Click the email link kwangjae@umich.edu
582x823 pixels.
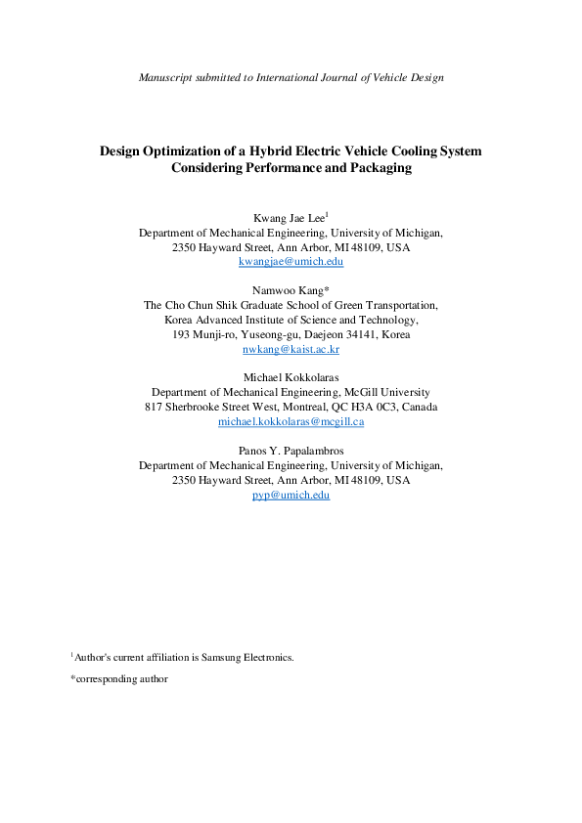(291, 262)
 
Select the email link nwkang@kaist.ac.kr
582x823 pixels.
(291, 349)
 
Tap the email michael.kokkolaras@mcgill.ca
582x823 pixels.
(291, 421)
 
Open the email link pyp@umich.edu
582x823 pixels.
(291, 496)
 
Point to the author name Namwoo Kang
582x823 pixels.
(288, 291)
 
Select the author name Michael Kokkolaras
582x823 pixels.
(291, 377)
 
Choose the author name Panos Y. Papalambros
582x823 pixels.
(291, 451)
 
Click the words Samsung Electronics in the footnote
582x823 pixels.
(248, 658)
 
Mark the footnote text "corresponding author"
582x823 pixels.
(122, 678)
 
